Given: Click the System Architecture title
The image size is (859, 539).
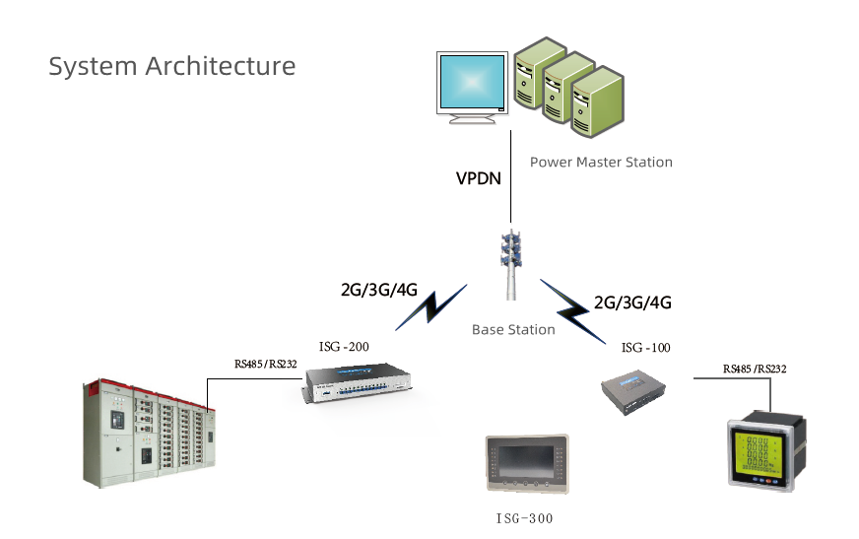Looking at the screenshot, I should (x=172, y=67).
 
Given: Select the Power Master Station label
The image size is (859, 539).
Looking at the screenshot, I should (x=601, y=162).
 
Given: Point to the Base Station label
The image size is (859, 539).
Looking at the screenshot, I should (x=513, y=330).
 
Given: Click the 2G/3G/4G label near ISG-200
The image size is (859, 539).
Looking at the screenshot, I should (x=379, y=291).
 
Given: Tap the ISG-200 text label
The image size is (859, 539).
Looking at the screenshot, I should (x=345, y=347).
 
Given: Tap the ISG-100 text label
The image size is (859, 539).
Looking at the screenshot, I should (x=645, y=348).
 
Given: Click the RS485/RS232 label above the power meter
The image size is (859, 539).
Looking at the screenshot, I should (x=755, y=369).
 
